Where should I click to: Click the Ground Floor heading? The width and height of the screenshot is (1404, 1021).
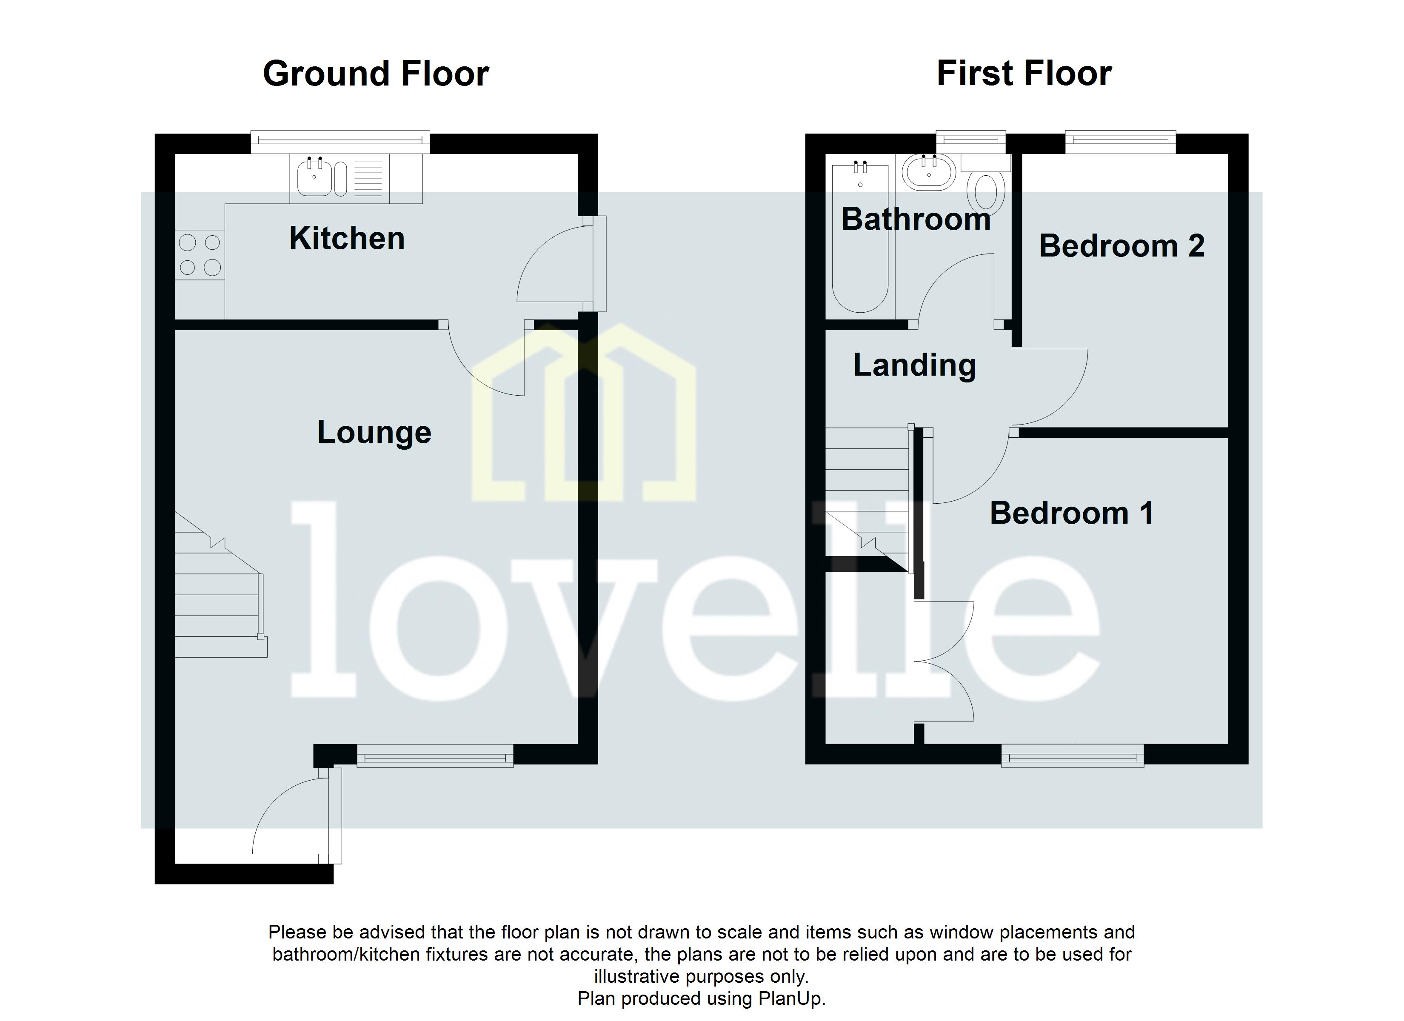pyautogui.click(x=376, y=74)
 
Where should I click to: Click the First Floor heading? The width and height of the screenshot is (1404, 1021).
pyautogui.click(x=1024, y=74)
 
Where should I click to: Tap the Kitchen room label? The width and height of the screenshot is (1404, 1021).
pyautogui.click(x=347, y=238)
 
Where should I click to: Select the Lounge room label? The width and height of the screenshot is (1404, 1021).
pyautogui.click(x=374, y=432)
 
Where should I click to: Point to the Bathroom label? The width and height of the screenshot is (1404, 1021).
pyautogui.click(x=916, y=219)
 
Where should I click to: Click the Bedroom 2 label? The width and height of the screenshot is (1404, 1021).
pyautogui.click(x=1122, y=246)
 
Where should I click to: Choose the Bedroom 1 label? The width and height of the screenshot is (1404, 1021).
pyautogui.click(x=1072, y=513)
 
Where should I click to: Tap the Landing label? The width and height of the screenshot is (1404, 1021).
pyautogui.click(x=914, y=365)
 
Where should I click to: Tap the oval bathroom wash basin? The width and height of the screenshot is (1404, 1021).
pyautogui.click(x=929, y=172)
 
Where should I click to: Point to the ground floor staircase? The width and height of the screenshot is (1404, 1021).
pyautogui.click(x=220, y=594)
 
